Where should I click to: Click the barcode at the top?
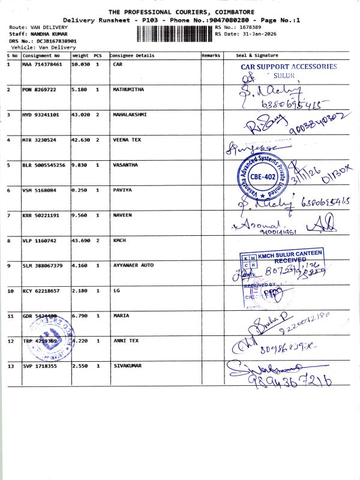[x=175, y=34]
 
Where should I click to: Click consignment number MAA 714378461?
[x=43, y=64]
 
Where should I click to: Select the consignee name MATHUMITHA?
[x=129, y=89]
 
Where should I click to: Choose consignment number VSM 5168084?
[x=41, y=190]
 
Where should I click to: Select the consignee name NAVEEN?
[x=122, y=215]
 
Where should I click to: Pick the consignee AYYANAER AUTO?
[x=133, y=265]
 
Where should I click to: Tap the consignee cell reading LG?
[x=116, y=290]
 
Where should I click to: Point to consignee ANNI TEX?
[x=125, y=341]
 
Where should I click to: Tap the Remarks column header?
[x=211, y=56]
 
